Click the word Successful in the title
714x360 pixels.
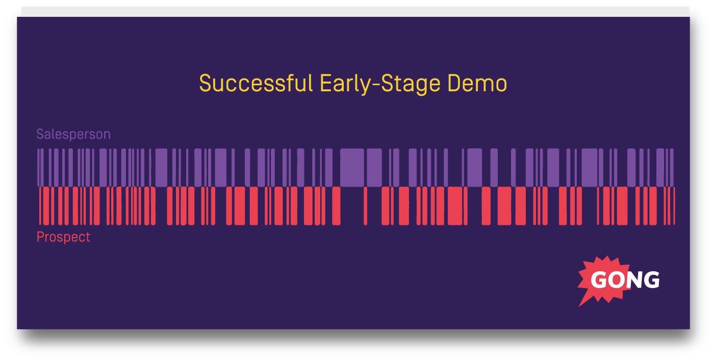(x=256, y=84)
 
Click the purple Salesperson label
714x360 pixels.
(x=73, y=135)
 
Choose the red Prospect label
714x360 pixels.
(x=63, y=237)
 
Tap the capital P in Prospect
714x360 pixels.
(x=40, y=237)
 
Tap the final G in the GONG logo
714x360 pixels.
(x=652, y=280)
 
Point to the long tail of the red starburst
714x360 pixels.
(x=582, y=301)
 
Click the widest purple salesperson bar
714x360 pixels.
(x=351, y=167)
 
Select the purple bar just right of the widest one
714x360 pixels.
(x=374, y=167)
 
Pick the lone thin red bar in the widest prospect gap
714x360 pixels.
(x=365, y=205)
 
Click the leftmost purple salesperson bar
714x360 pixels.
(x=38, y=167)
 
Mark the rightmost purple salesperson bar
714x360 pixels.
(x=672, y=167)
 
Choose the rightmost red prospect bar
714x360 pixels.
(x=674, y=205)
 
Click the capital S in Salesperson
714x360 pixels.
(x=40, y=135)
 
